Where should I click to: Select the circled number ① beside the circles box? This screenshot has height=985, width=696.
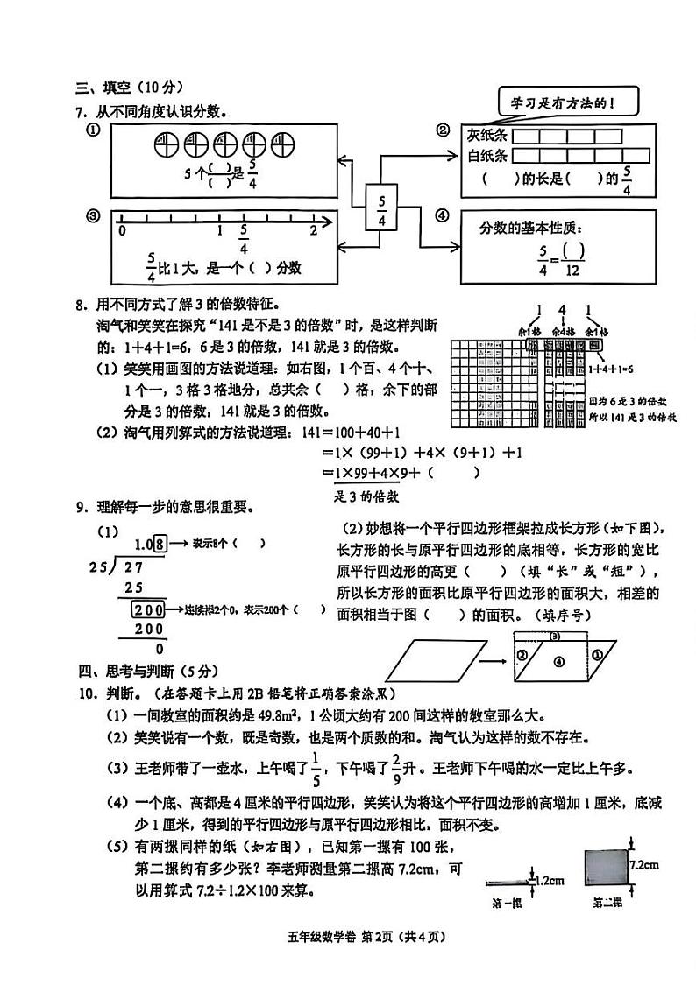[x=92, y=130]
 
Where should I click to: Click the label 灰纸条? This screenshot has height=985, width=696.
[x=486, y=136]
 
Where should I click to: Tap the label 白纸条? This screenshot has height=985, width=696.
[x=486, y=156]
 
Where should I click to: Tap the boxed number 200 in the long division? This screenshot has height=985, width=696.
[x=148, y=609]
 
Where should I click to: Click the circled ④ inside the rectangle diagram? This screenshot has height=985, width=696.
[x=559, y=663]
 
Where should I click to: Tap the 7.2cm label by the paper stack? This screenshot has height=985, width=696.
[x=644, y=863]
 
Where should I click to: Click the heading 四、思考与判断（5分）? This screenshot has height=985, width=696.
[x=146, y=672]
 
